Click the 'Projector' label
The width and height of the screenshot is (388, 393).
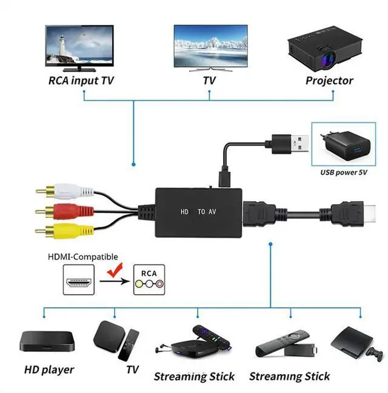click(x=329, y=81)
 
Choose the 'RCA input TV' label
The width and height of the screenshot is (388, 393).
click(x=81, y=81)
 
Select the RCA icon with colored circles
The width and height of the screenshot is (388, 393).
click(x=149, y=280)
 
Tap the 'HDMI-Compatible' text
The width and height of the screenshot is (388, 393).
click(x=83, y=257)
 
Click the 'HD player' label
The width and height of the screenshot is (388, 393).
click(x=49, y=369)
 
